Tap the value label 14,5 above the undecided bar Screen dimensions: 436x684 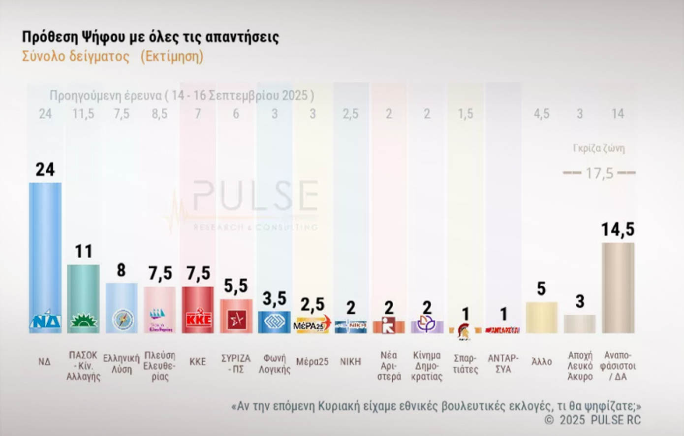coord(618,230)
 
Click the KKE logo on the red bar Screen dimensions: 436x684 coord(198,320)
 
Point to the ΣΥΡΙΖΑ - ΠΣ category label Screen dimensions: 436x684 coord(236,364)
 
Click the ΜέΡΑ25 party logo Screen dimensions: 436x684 coord(312,325)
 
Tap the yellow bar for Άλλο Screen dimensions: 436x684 coord(541,318)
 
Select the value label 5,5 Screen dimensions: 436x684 coord(236,286)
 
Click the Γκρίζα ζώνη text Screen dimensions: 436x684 coord(599,148)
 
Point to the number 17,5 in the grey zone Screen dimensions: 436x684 coord(599,173)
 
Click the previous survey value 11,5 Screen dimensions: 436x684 coord(83,114)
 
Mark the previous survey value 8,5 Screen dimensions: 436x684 coord(159,114)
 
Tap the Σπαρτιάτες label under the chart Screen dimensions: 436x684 coord(466,364)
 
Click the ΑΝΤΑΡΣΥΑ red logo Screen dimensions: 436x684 coord(502,330)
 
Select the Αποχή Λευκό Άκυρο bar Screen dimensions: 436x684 coord(580,324)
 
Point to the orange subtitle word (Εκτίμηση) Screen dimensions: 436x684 coord(172,56)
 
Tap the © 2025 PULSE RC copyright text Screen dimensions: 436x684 coord(592,420)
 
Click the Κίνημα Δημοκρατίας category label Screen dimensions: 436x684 coord(427,366)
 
